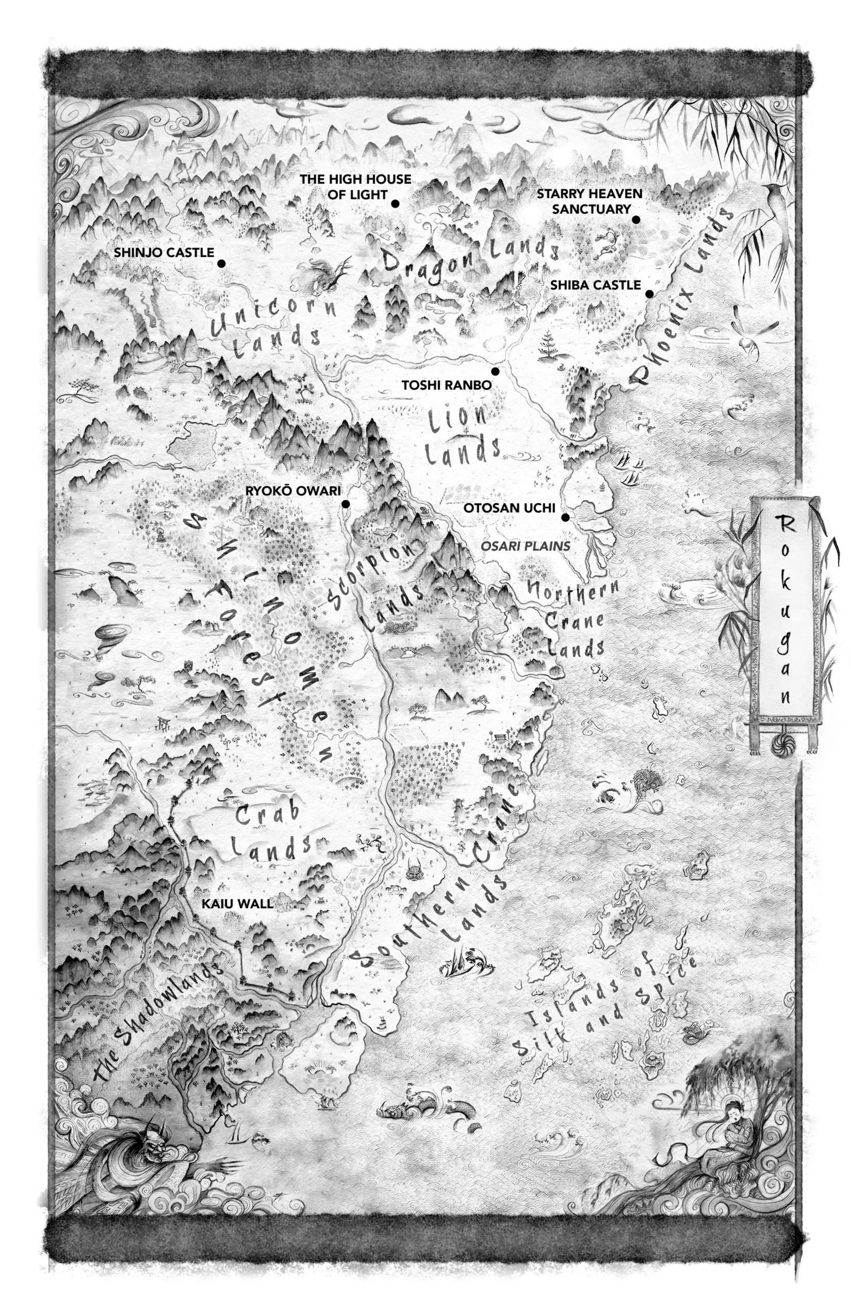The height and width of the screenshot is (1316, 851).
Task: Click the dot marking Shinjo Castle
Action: pyautogui.click(x=221, y=264)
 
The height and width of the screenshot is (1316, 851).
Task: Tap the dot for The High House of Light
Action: pyautogui.click(x=395, y=204)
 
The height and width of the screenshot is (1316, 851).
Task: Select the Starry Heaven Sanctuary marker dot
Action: pyautogui.click(x=636, y=220)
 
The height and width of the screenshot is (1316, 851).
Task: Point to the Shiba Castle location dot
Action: pyautogui.click(x=650, y=294)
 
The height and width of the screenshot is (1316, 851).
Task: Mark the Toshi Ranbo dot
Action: pyautogui.click(x=496, y=372)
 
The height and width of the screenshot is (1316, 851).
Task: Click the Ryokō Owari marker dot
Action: pyautogui.click(x=346, y=504)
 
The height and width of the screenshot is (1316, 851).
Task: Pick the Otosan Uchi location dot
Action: pyautogui.click(x=565, y=518)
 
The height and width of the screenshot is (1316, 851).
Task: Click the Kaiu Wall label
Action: pyautogui.click(x=237, y=904)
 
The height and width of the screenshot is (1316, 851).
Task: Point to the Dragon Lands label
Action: pyautogui.click(x=470, y=259)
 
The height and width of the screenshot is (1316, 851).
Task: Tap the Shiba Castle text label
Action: pyautogui.click(x=595, y=285)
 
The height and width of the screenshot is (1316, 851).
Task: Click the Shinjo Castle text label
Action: pyautogui.click(x=163, y=253)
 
